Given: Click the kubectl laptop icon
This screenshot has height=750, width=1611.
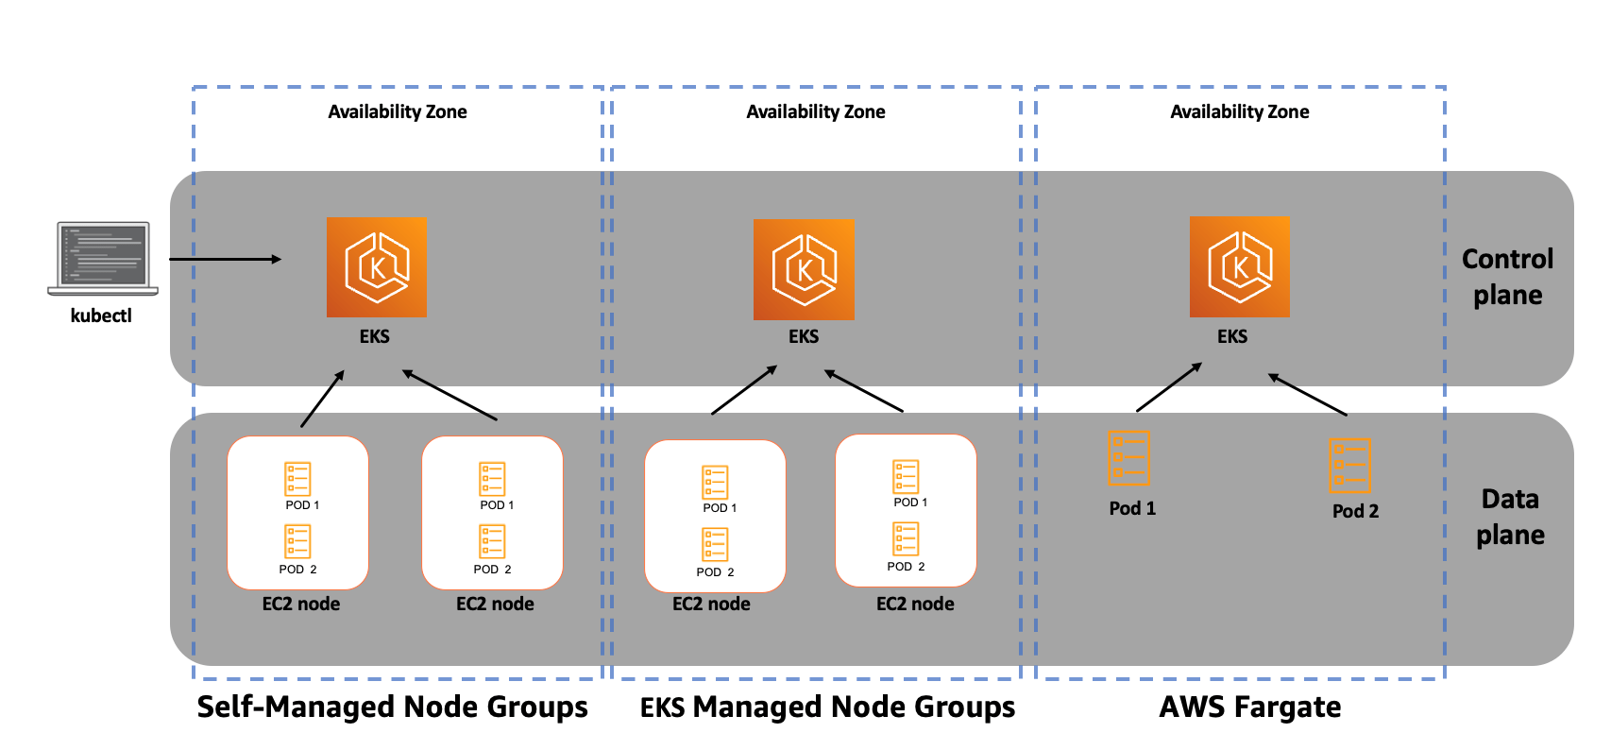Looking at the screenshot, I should point(102,258).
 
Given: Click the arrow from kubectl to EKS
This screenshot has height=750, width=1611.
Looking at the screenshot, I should point(225,259).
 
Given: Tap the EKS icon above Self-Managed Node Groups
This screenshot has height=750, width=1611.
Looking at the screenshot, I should point(376,267).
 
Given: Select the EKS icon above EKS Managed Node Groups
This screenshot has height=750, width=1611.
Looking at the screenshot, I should point(804,269).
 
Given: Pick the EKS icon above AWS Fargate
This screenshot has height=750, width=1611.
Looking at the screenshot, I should point(1239,267).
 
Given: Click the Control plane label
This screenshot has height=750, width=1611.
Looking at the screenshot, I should point(1507,277).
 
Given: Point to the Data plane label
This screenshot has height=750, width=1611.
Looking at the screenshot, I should point(1510,517).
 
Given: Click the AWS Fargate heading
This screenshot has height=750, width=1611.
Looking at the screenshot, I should point(1249,707).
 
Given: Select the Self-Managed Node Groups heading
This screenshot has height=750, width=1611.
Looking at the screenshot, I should point(392,707).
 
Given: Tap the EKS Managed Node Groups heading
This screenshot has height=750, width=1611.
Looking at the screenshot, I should point(827,707).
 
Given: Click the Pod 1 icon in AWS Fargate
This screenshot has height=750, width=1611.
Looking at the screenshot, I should point(1128,458).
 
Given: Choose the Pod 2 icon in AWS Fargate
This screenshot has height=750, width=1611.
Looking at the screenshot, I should point(1349,465).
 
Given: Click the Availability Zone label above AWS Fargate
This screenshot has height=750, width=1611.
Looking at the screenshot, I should point(1239,111).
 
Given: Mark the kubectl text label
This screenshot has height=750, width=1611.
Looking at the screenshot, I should point(101,315).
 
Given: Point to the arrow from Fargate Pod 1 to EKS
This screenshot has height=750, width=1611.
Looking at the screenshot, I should point(1169,387).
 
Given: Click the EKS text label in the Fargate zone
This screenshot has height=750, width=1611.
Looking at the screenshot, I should point(1231,336).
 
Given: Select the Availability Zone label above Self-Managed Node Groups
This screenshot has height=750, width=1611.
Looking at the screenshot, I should point(397,111).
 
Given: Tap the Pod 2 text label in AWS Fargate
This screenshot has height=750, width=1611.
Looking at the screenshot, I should point(1355,511).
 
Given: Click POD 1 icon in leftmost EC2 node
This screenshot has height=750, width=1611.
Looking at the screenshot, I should point(297,479).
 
